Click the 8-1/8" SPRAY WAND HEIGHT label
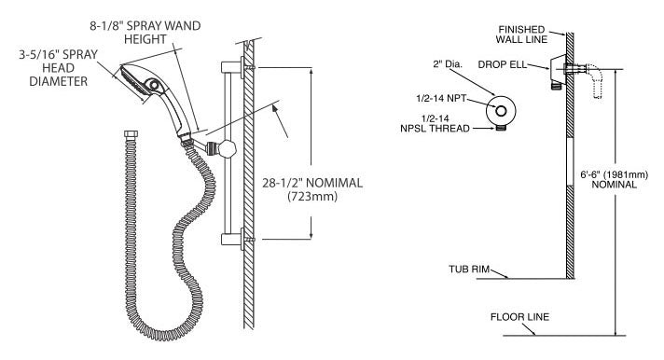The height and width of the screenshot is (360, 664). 145,33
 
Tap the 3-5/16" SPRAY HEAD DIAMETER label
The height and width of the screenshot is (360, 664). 58,68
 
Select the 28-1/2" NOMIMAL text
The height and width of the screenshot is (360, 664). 312,183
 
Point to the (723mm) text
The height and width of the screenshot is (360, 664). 312,197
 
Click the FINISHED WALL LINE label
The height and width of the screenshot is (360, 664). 521,35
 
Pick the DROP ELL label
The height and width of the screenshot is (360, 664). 503,64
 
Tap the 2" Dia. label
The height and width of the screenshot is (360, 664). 448,64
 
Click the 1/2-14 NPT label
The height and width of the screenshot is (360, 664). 441,98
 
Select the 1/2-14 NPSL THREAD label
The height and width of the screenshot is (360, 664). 435,124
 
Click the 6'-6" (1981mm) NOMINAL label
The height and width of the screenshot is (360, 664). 614,180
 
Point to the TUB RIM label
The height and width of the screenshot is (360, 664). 469,269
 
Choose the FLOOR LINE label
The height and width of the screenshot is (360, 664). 519,317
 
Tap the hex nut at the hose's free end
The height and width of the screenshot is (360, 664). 131,134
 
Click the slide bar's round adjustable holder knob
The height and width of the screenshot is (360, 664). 228,148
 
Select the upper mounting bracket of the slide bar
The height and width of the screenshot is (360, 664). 232,67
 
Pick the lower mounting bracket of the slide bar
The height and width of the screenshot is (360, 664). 232,240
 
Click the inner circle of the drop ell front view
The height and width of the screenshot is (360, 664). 501,111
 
